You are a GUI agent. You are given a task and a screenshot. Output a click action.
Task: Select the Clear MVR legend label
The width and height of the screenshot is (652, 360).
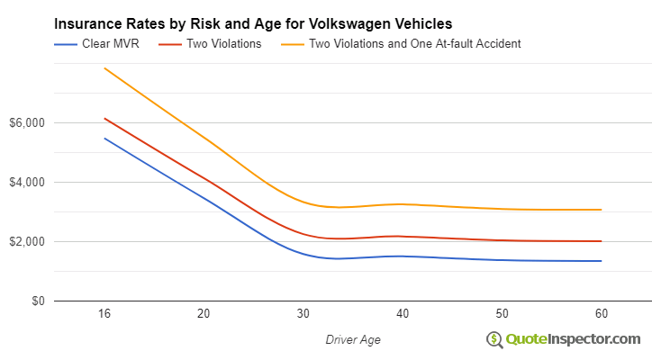110,43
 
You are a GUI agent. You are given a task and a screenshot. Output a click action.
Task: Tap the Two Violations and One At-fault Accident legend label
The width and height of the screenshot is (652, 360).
414,43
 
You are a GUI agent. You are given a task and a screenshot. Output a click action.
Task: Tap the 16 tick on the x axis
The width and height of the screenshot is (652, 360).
104,314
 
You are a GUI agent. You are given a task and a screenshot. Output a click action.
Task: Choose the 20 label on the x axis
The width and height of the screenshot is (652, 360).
204,314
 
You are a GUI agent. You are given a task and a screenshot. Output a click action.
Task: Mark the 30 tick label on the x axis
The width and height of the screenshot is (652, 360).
303,314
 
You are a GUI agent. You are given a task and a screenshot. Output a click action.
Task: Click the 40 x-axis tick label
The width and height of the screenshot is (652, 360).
403,314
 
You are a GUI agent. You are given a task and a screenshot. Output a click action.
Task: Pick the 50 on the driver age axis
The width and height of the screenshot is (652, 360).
502,314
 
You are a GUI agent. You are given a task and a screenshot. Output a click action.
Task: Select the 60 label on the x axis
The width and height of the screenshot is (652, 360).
601,314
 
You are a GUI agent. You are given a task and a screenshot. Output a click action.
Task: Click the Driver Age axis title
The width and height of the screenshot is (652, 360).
353,339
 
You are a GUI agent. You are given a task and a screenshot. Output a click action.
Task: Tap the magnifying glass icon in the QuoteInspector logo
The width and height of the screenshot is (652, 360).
494,339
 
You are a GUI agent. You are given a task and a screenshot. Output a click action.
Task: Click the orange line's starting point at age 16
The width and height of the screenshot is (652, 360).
104,68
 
